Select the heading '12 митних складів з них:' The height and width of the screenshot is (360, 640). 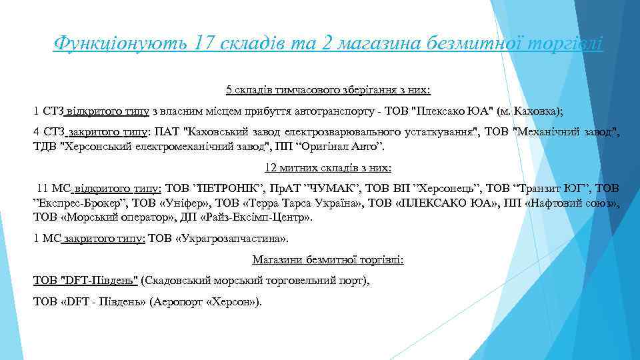(x=327, y=167)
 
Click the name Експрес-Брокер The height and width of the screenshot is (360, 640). (x=79, y=203)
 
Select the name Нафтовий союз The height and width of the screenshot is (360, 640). (x=573, y=203)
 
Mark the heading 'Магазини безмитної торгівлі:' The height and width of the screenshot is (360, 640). (x=327, y=259)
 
